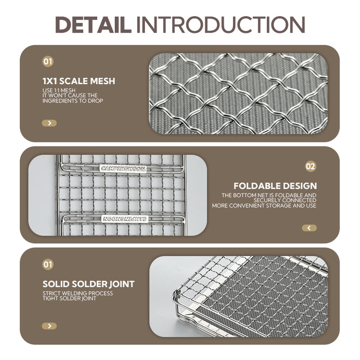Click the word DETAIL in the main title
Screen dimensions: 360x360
93,24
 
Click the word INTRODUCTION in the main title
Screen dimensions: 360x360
220,24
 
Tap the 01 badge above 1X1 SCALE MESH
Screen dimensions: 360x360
48,61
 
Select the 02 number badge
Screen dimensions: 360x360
311,166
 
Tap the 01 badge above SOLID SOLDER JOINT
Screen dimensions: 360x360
48,265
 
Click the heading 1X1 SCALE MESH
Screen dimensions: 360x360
79,81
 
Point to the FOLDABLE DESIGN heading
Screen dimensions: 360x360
275,186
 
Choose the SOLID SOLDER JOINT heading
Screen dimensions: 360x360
89,284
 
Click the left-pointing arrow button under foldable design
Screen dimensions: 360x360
309,228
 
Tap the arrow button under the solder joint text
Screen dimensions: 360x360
49,326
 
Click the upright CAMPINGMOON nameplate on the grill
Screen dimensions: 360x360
123,169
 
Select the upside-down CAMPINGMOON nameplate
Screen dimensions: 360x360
125,219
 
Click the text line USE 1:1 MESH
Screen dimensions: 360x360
59,90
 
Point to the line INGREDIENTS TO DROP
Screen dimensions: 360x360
73,101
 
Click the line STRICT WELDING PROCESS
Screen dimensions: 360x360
78,293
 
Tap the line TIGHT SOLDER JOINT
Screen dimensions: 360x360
70,299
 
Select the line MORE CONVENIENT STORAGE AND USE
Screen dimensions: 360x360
264,205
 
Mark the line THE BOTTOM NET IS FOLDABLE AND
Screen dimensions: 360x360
269,195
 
